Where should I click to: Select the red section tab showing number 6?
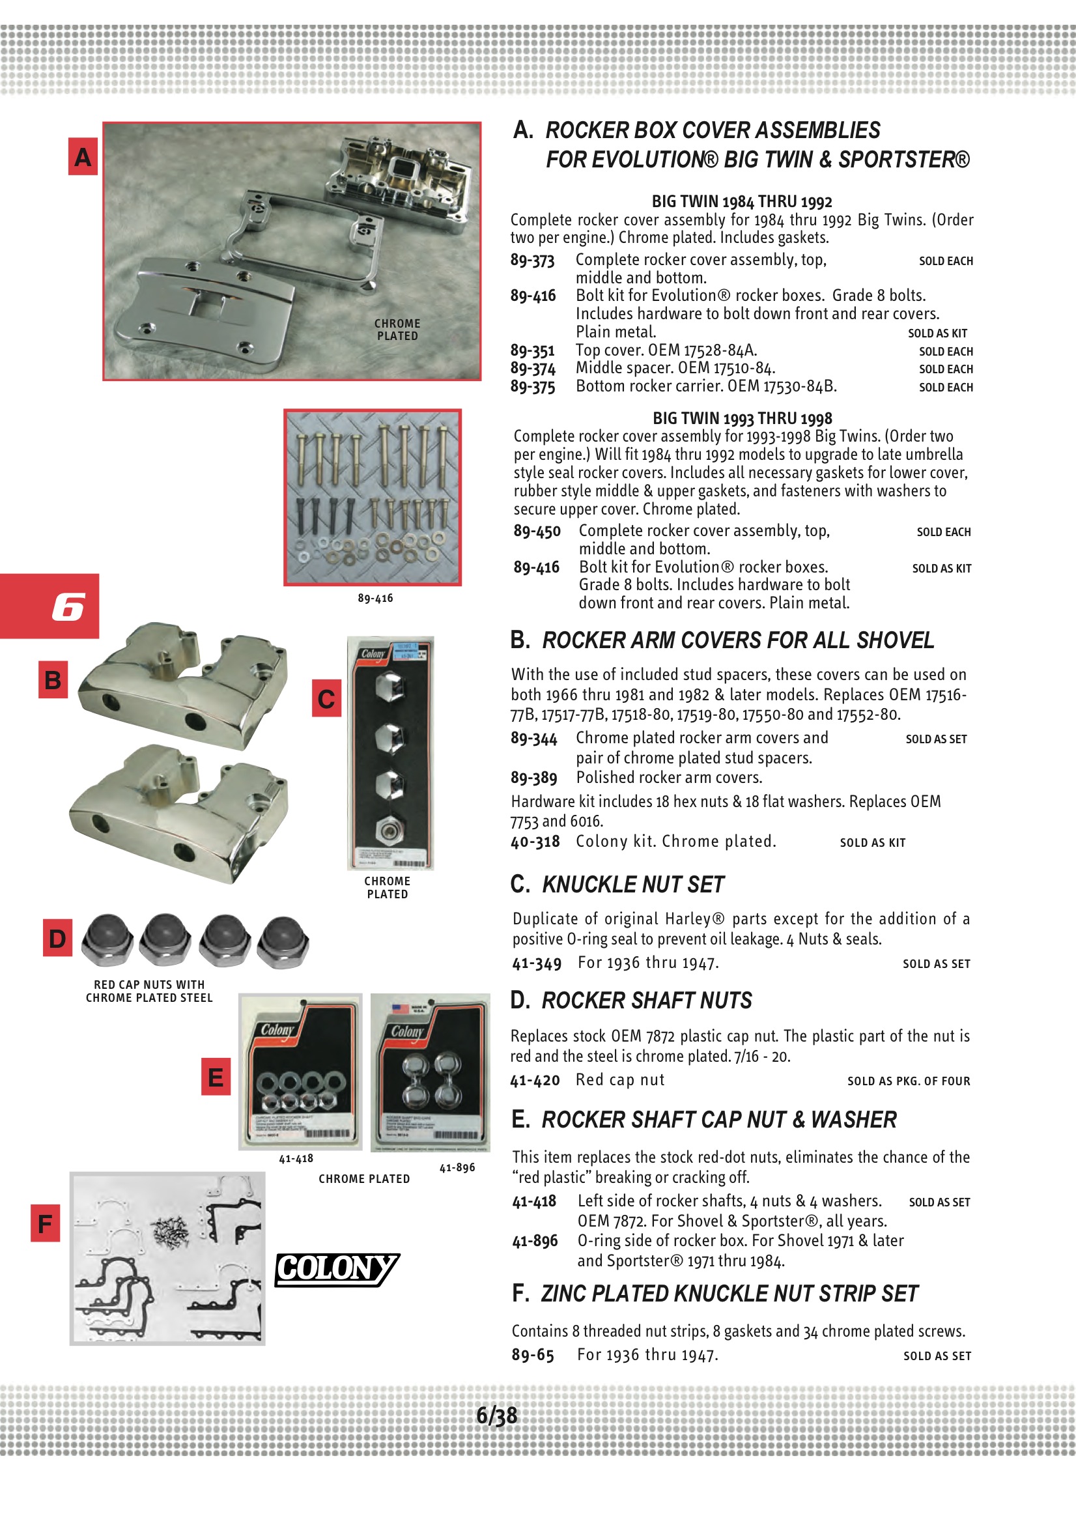[50, 606]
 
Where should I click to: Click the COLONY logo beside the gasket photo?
[337, 1269]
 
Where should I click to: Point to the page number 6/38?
[496, 1416]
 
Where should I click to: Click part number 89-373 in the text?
[532, 260]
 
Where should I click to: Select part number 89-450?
[537, 532]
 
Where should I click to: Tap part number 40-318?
[535, 842]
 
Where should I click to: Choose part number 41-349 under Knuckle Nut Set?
[536, 963]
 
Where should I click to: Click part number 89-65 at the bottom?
[532, 1354]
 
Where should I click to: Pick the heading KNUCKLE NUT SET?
[633, 884]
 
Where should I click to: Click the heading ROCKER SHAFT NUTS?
[647, 1001]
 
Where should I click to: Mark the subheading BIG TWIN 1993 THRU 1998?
[742, 418]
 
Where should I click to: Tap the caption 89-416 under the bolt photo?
[375, 598]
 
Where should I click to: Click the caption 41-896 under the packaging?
[457, 1167]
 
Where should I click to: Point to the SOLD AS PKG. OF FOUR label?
[908, 1081]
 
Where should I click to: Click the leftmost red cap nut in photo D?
[107, 940]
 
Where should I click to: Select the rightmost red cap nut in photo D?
[283, 941]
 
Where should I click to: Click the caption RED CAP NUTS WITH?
[149, 985]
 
